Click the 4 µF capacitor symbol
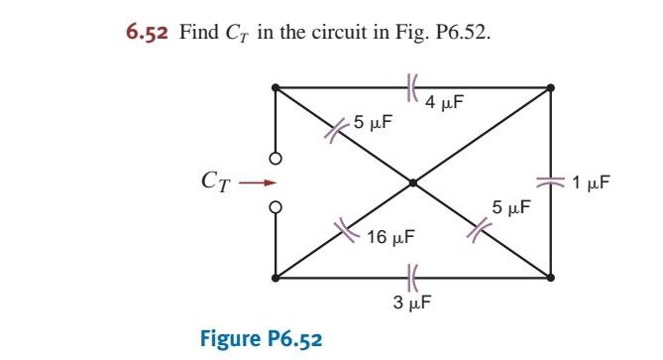click(x=412, y=87)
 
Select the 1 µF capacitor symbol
click(x=550, y=182)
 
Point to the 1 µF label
click(x=591, y=182)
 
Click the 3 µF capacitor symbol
click(x=412, y=277)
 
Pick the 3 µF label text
click(x=411, y=301)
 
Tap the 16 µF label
click(x=389, y=238)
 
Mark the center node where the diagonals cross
click(x=412, y=182)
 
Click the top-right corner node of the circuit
click(x=550, y=87)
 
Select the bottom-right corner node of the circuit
click(x=550, y=277)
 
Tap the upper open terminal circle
click(x=276, y=158)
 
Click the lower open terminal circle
click(x=276, y=206)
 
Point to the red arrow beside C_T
click(x=255, y=182)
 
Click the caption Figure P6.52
click(x=261, y=338)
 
